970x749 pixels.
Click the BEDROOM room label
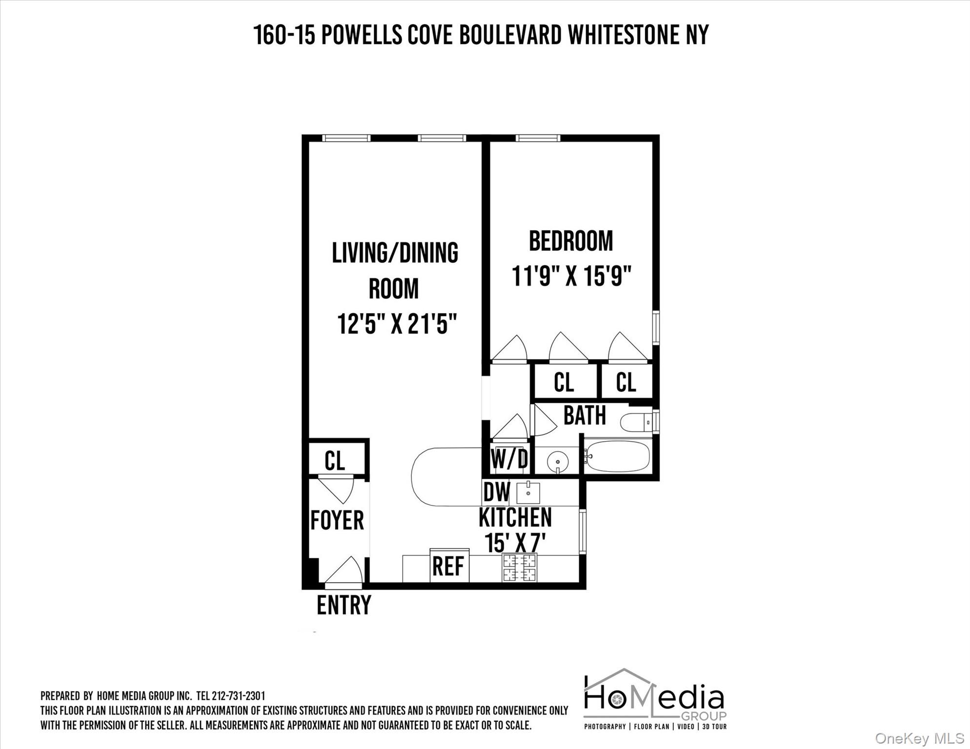571,241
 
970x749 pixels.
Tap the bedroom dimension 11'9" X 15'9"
571,276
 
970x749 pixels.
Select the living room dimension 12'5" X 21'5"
397,324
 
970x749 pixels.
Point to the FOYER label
337,520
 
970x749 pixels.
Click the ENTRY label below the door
344,605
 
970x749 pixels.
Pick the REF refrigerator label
448,566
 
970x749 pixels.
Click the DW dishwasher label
496,492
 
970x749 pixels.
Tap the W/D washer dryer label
509,459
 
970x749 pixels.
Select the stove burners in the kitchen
519,568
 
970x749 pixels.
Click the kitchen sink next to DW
528,493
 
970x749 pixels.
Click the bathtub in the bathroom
618,456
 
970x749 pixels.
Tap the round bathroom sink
557,460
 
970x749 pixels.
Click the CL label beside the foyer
335,460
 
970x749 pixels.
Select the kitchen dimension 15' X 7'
514,542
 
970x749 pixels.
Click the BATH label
585,415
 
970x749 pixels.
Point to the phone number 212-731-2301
238,696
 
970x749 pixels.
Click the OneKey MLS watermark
919,738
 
